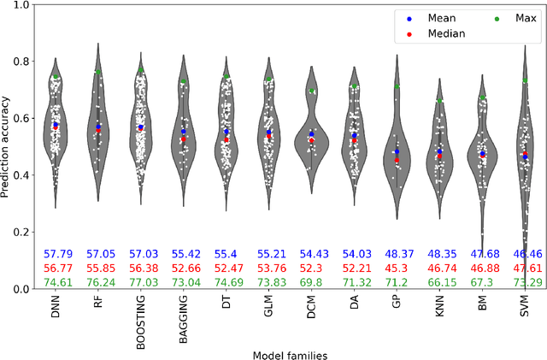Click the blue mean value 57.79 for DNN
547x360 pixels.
[56, 255]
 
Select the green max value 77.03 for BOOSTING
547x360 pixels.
[141, 282]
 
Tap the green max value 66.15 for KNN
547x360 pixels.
[439, 282]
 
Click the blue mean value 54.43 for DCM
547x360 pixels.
[311, 255]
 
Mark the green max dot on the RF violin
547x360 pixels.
[98, 72]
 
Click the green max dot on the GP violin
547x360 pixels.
[397, 86]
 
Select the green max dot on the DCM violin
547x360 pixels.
[311, 91]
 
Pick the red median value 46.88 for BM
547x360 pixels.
[482, 269]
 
